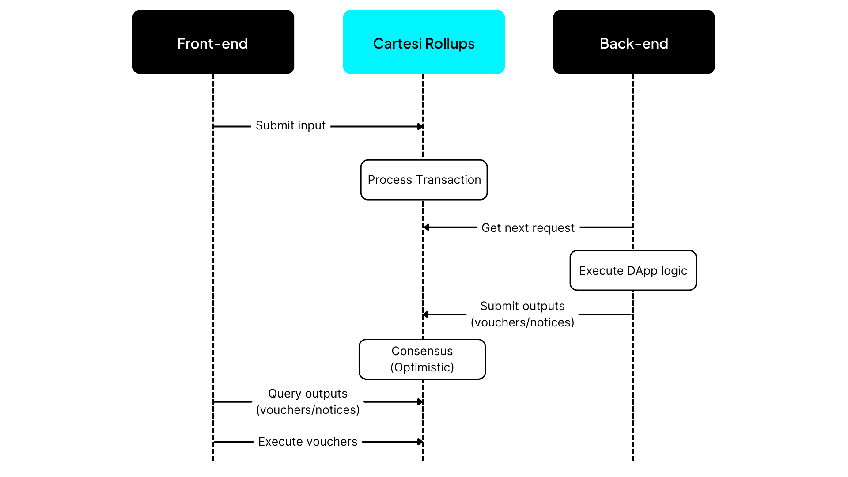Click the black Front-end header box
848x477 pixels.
point(213,42)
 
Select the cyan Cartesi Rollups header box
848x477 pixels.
point(424,42)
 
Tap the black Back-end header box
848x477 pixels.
point(634,42)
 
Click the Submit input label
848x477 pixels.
point(290,126)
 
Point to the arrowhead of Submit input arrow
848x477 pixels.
point(420,127)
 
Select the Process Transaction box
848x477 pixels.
point(424,180)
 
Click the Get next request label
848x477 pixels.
point(528,228)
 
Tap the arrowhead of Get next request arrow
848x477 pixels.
point(426,227)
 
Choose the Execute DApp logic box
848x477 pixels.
point(633,270)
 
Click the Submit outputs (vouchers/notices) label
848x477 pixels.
point(522,314)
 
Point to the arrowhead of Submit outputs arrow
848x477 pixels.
point(426,314)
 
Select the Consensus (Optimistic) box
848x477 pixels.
point(422,359)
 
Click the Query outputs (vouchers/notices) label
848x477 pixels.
point(308,401)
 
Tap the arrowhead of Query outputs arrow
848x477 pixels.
point(420,402)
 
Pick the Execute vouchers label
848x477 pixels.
point(307,442)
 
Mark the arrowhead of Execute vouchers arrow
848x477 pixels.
point(420,442)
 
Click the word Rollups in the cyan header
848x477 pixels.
point(450,44)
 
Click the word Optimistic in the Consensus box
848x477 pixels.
point(422,367)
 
